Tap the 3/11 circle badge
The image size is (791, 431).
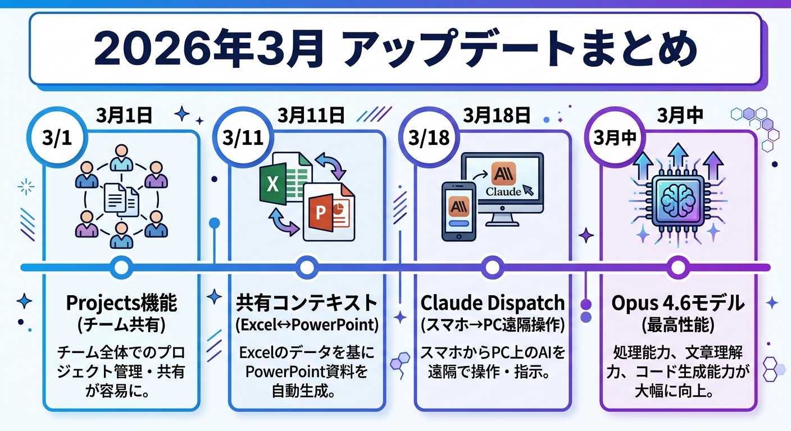pos(240,139)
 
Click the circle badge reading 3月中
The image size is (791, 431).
pos(612,139)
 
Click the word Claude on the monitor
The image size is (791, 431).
pos(502,191)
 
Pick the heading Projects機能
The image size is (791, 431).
pos(121,304)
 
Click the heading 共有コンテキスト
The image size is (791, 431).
pos(306,304)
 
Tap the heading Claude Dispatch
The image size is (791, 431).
pos(492,304)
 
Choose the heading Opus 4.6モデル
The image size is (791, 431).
pos(678,304)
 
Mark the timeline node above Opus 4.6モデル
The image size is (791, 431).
pos(677,267)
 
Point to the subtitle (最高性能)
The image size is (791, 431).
pos(678,325)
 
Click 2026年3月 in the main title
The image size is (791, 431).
pos(208,50)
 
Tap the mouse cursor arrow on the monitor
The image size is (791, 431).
pos(528,188)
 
